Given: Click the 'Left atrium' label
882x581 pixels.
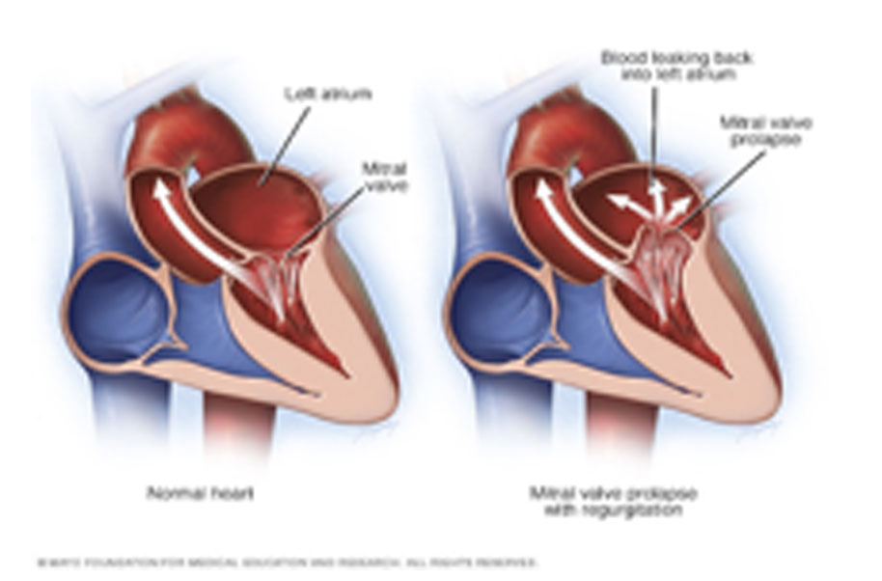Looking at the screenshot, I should click(x=316, y=95).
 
